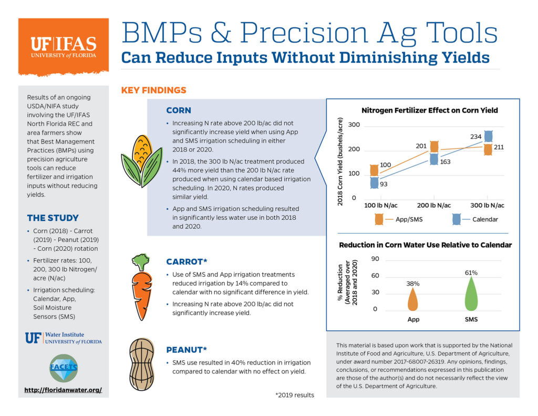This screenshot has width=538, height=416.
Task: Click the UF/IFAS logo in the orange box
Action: pyautogui.click(x=63, y=47)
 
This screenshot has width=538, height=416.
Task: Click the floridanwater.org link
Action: pyautogui.click(x=63, y=390)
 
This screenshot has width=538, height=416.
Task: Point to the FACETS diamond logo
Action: pyautogui.click(x=64, y=367)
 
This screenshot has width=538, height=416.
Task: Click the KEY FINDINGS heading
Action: pyautogui.click(x=153, y=90)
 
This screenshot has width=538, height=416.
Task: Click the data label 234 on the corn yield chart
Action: pyautogui.click(x=475, y=137)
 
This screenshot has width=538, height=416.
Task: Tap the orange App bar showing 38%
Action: pyautogui.click(x=413, y=300)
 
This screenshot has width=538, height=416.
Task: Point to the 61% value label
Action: pyautogui.click(x=471, y=272)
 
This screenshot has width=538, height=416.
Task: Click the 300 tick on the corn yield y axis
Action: pyautogui.click(x=354, y=125)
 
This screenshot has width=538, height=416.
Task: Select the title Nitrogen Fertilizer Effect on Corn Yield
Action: pyautogui.click(x=429, y=110)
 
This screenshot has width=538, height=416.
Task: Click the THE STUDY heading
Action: pyautogui.click(x=53, y=218)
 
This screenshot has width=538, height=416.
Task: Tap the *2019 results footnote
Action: pyautogui.click(x=294, y=395)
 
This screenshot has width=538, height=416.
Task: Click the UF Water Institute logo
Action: pyautogui.click(x=63, y=338)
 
